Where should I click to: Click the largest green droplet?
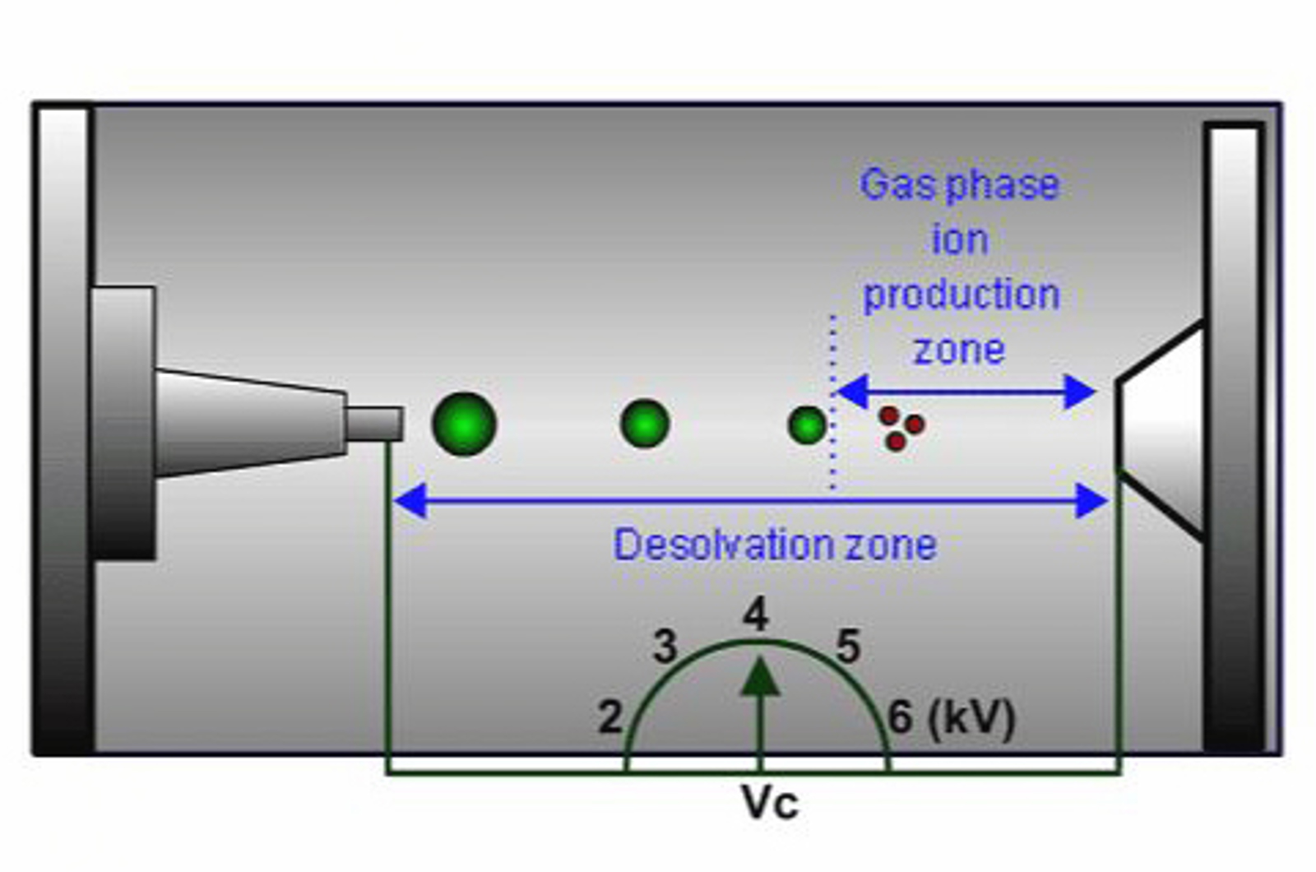[x=464, y=424]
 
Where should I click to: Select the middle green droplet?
[x=645, y=424]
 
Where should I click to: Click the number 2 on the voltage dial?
[x=610, y=717]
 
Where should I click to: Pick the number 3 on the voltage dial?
[x=665, y=647]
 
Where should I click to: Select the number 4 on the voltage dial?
[x=755, y=615]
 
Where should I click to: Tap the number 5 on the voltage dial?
[x=848, y=647]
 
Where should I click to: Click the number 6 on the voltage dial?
[x=901, y=717]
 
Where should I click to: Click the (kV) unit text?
[x=971, y=717]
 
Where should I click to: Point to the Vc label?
[x=769, y=802]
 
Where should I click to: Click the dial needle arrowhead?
[x=760, y=679]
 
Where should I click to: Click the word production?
[x=961, y=295]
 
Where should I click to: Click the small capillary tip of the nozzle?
[x=374, y=424]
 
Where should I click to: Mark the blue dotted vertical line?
[x=832, y=403]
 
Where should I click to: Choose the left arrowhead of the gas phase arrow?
[x=852, y=392]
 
